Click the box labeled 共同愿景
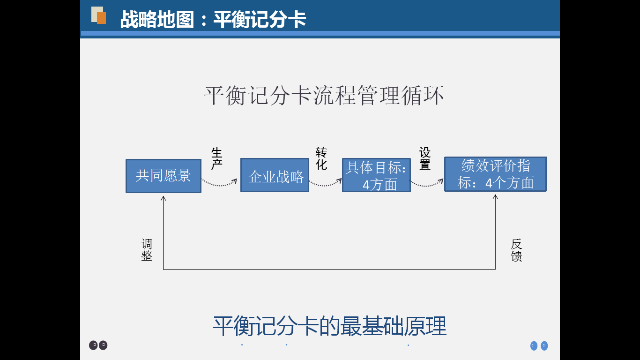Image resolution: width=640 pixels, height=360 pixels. click(x=163, y=176)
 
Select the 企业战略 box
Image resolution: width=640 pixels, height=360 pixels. click(x=275, y=175)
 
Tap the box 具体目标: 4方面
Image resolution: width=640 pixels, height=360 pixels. click(x=376, y=175)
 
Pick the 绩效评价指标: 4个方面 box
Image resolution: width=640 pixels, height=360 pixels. click(x=495, y=174)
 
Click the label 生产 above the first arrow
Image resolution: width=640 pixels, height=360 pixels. click(x=216, y=159)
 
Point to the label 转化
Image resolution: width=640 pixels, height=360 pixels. click(x=321, y=158)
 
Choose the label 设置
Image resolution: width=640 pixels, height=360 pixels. click(x=425, y=158)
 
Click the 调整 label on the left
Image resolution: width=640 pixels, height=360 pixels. click(x=147, y=250)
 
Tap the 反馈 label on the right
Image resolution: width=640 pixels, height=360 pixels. click(x=516, y=250)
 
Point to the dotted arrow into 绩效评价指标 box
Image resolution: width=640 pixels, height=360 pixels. click(x=427, y=184)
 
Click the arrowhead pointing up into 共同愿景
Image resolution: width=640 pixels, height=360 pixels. click(x=164, y=199)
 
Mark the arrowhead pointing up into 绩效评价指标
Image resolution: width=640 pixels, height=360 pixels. click(x=495, y=197)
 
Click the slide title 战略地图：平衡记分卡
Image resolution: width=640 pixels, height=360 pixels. click(x=213, y=20)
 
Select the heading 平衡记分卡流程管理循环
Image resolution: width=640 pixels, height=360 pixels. click(x=324, y=96)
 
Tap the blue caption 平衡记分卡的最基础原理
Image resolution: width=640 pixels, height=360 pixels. click(x=329, y=326)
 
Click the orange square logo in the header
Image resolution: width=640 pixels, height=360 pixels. click(x=101, y=18)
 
